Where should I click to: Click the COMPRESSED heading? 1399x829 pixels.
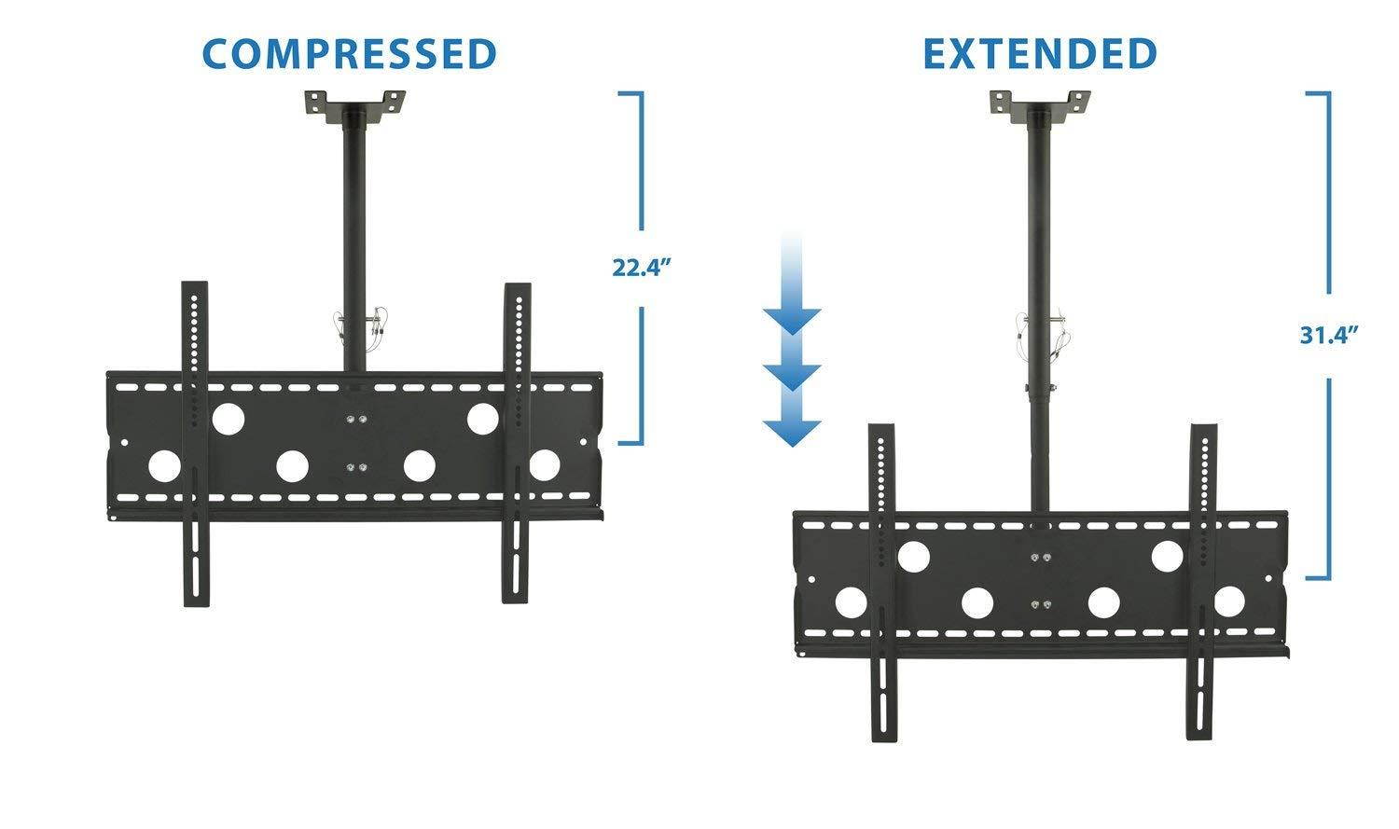coord(350,54)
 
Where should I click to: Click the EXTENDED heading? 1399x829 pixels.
coord(1040,54)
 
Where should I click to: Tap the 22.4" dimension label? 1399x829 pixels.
coord(642,269)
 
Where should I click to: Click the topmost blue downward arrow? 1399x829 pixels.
coord(792,318)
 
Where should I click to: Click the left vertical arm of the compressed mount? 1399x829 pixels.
coord(195,443)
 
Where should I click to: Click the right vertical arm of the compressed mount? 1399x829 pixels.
coord(517,443)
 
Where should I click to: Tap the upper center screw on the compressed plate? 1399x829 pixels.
coord(354,420)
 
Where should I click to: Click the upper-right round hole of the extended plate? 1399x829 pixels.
coord(1168,557)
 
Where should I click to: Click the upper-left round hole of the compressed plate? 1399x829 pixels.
coord(228,419)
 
